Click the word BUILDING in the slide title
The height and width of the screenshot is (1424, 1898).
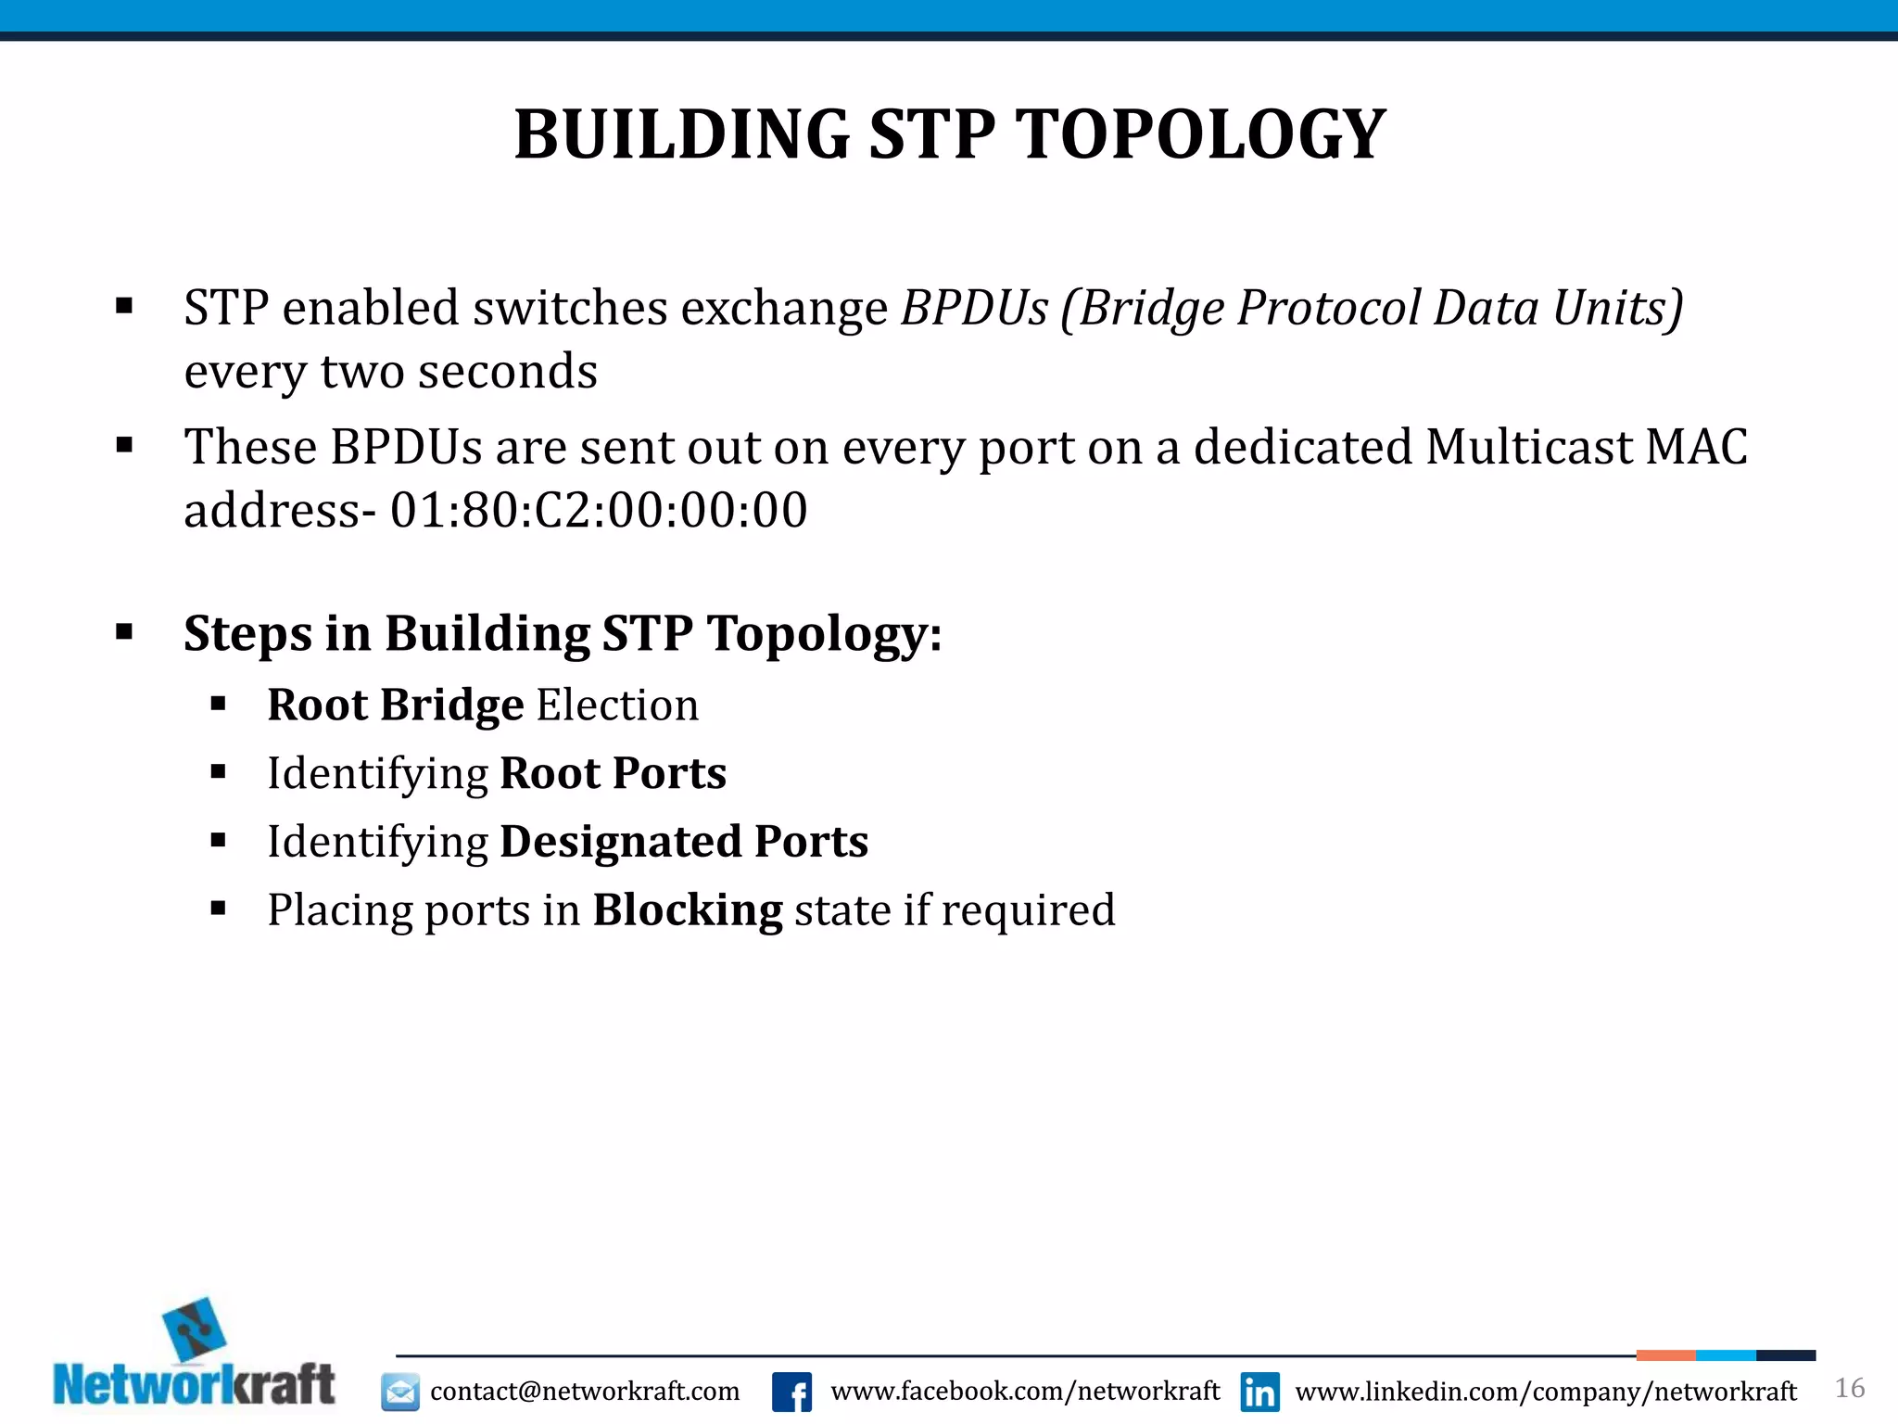[x=682, y=135]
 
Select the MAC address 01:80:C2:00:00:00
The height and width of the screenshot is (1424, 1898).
[x=599, y=510]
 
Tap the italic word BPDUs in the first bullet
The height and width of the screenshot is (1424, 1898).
[x=975, y=308]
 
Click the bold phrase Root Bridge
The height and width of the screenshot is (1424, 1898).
[x=396, y=705]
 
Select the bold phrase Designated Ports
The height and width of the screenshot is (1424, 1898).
[x=684, y=842]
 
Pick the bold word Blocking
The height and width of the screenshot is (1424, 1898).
[x=688, y=910]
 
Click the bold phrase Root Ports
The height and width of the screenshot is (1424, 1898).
[x=613, y=773]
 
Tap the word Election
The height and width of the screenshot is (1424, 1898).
[x=617, y=705]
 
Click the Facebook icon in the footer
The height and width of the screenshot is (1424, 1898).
[x=791, y=1392]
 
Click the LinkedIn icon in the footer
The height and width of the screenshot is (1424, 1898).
[x=1259, y=1392]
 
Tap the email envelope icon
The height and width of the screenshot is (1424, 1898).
[x=400, y=1392]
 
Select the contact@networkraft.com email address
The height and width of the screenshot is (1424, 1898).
[x=585, y=1392]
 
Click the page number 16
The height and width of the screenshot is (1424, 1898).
[x=1849, y=1388]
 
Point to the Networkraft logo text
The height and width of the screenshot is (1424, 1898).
[x=195, y=1385]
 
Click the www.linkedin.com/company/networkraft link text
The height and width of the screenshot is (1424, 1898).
[x=1545, y=1392]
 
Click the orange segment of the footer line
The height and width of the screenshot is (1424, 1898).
[x=1665, y=1355]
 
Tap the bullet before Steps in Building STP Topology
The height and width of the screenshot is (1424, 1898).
[x=124, y=633]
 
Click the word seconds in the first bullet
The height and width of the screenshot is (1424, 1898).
[x=507, y=372]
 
